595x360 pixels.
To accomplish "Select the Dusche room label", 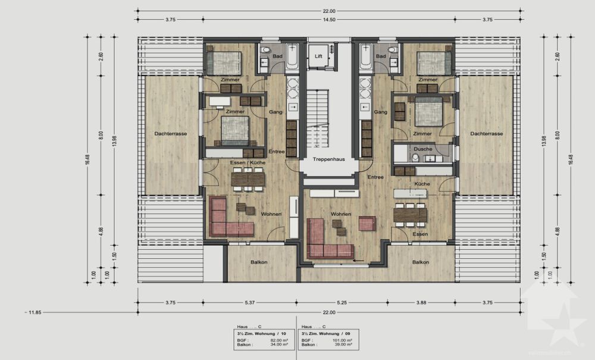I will click(423, 149).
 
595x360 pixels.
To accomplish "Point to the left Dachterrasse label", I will click(171, 134).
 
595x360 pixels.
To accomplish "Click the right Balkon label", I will click(421, 262).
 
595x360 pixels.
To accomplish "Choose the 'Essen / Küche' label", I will click(248, 162).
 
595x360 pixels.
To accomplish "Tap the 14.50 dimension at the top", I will click(329, 20).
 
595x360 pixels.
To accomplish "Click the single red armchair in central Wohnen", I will click(367, 223).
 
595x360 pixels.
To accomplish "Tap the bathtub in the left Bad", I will click(292, 58).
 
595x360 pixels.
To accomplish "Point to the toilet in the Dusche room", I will click(415, 158).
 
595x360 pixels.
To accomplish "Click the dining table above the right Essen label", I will click(410, 214).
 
